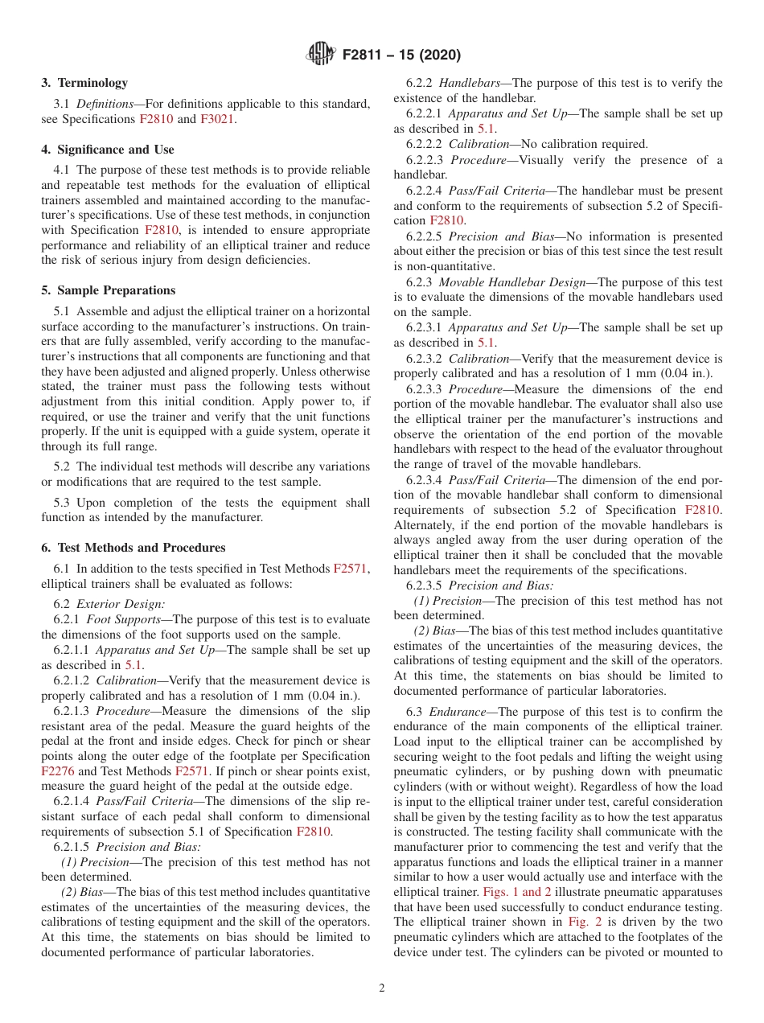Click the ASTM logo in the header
322,55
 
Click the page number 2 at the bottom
382,988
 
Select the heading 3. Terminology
84,83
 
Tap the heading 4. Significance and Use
108,150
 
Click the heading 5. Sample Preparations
109,290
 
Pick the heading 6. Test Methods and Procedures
133,548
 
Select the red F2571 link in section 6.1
351,569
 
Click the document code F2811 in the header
366,55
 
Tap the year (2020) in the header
439,55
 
